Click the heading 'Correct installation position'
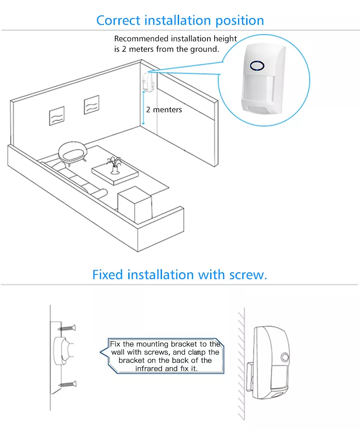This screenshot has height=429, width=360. [x=180, y=21]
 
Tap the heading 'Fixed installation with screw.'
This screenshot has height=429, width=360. [x=180, y=275]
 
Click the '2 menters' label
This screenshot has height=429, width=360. [x=164, y=110]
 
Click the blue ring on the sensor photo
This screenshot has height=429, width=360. [x=257, y=65]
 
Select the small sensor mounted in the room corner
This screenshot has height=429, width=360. [x=148, y=81]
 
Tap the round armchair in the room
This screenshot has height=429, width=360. [x=72, y=152]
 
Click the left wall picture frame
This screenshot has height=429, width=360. [x=57, y=116]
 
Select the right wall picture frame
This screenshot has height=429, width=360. [x=92, y=104]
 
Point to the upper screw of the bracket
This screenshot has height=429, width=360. [x=67, y=328]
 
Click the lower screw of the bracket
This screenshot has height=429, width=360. [x=68, y=384]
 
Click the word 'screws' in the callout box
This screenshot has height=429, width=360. [x=156, y=352]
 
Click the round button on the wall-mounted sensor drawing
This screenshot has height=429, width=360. [x=285, y=357]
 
